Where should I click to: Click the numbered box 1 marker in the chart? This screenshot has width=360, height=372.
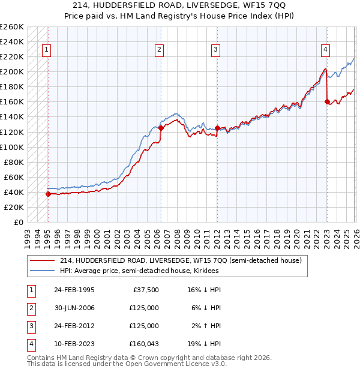point(47,50)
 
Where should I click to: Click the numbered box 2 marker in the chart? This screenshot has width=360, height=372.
point(160,50)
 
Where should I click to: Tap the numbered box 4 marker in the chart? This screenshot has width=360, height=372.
point(325,50)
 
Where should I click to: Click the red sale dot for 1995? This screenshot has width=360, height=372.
point(48,194)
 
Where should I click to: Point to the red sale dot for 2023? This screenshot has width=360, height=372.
point(327,101)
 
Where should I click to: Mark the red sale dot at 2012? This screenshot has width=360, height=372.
point(217,128)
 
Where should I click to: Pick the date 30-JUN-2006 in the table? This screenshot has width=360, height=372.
point(74,308)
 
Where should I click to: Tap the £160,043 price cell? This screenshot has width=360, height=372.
point(144,344)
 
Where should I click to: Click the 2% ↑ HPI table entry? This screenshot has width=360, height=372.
point(206,326)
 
